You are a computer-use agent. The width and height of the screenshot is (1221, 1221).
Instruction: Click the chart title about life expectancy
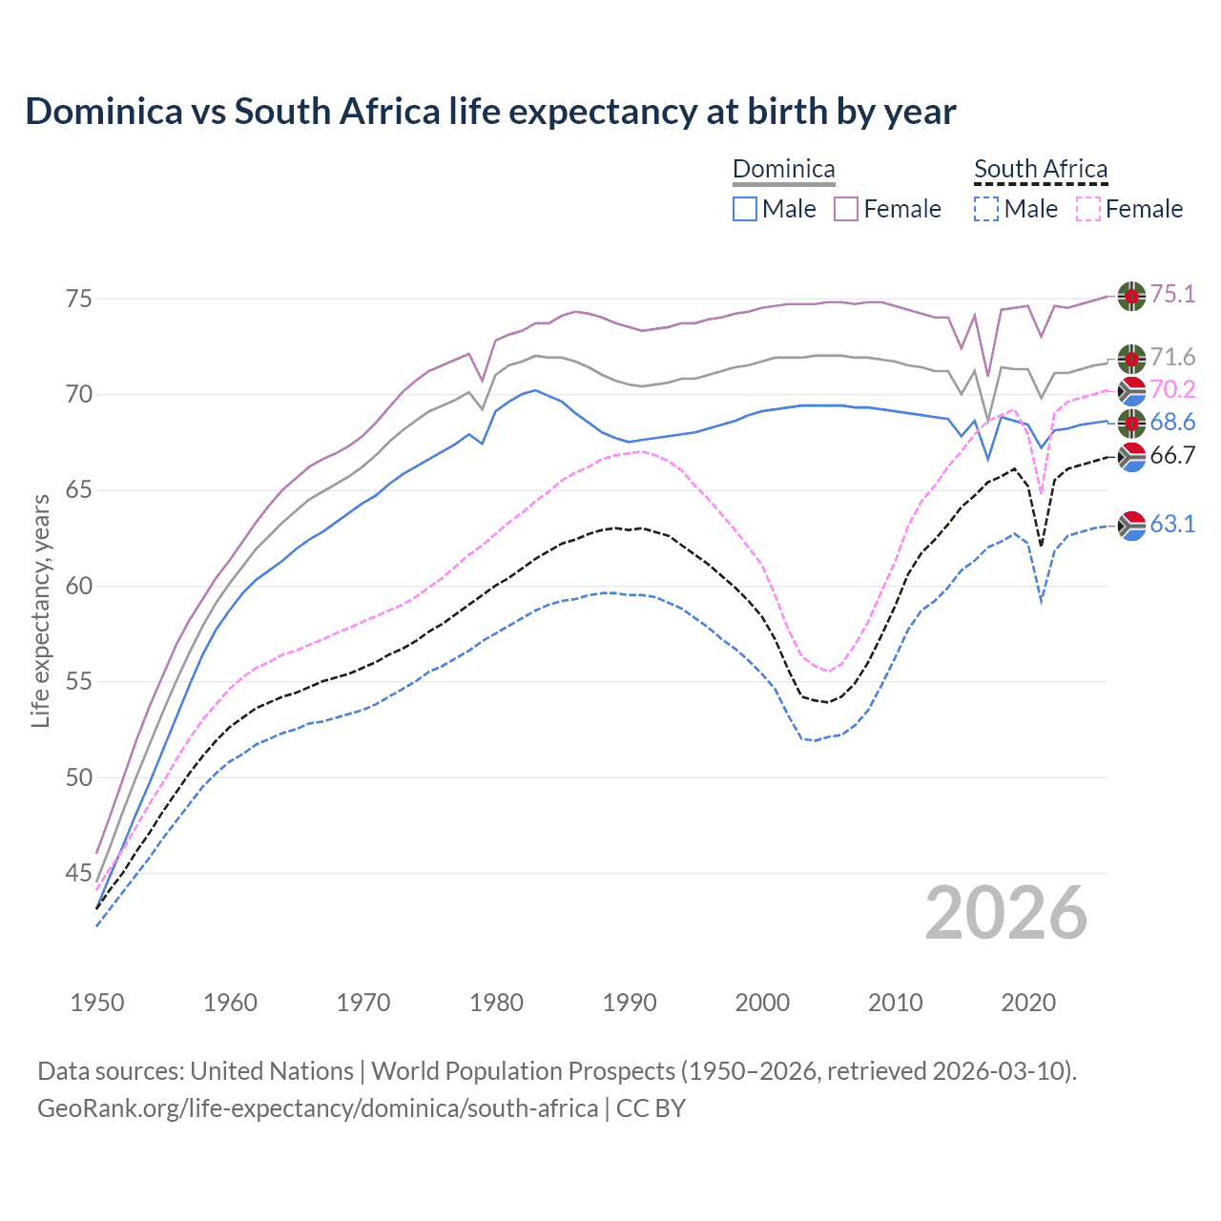click(490, 112)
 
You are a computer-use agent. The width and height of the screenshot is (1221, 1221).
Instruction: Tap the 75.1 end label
click(1172, 294)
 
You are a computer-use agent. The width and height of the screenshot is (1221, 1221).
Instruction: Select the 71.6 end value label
click(1172, 358)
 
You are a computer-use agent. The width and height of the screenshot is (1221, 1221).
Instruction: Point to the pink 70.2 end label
click(1172, 389)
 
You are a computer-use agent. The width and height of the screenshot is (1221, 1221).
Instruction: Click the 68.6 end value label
click(1172, 422)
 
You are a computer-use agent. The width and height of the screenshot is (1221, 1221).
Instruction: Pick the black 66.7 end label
click(1172, 456)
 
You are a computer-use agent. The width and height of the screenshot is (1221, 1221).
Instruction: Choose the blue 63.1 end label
click(1172, 524)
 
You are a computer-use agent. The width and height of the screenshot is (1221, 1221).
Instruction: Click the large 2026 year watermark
click(1005, 913)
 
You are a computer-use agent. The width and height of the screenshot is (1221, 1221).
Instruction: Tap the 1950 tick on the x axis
click(97, 1003)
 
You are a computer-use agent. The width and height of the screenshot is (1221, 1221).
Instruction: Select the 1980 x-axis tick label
click(496, 1003)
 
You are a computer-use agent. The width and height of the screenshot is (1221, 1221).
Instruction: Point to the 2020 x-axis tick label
click(1028, 1003)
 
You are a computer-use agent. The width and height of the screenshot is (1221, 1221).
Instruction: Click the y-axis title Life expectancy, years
click(40, 610)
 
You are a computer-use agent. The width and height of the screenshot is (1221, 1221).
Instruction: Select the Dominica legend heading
click(783, 170)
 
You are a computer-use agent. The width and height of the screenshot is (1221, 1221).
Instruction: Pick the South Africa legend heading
click(1041, 170)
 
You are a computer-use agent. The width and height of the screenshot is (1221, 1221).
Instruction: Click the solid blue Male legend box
click(745, 209)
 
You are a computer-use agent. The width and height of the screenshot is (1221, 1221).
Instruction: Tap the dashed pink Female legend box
click(1087, 209)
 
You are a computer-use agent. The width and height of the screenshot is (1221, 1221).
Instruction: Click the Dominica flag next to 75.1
click(1131, 296)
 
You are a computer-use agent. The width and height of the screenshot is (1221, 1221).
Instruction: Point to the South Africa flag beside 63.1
click(1131, 526)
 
